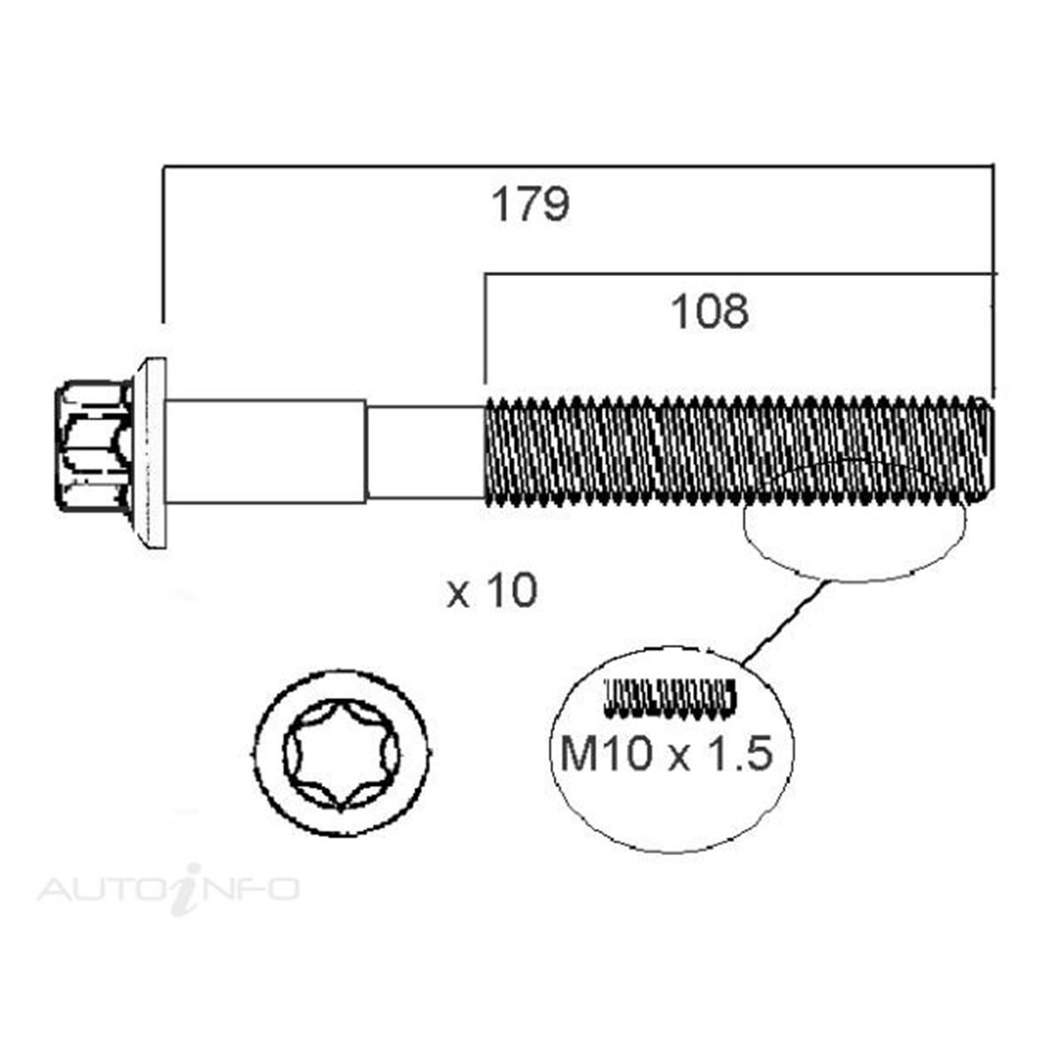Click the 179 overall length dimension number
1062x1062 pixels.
(x=531, y=206)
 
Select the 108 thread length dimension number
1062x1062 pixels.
(x=710, y=312)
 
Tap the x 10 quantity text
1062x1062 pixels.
(x=492, y=591)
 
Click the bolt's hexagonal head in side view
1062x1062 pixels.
(x=93, y=446)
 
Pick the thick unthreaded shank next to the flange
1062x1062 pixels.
(x=265, y=451)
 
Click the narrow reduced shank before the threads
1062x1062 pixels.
(x=425, y=451)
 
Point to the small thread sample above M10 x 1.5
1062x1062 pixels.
(x=669, y=696)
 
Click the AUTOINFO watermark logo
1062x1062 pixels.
(x=168, y=888)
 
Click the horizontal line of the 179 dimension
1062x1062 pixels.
(x=575, y=165)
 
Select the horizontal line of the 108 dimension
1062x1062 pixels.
(x=735, y=274)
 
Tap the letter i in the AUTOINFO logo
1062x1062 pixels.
(x=183, y=888)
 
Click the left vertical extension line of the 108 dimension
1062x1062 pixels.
(x=485, y=327)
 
